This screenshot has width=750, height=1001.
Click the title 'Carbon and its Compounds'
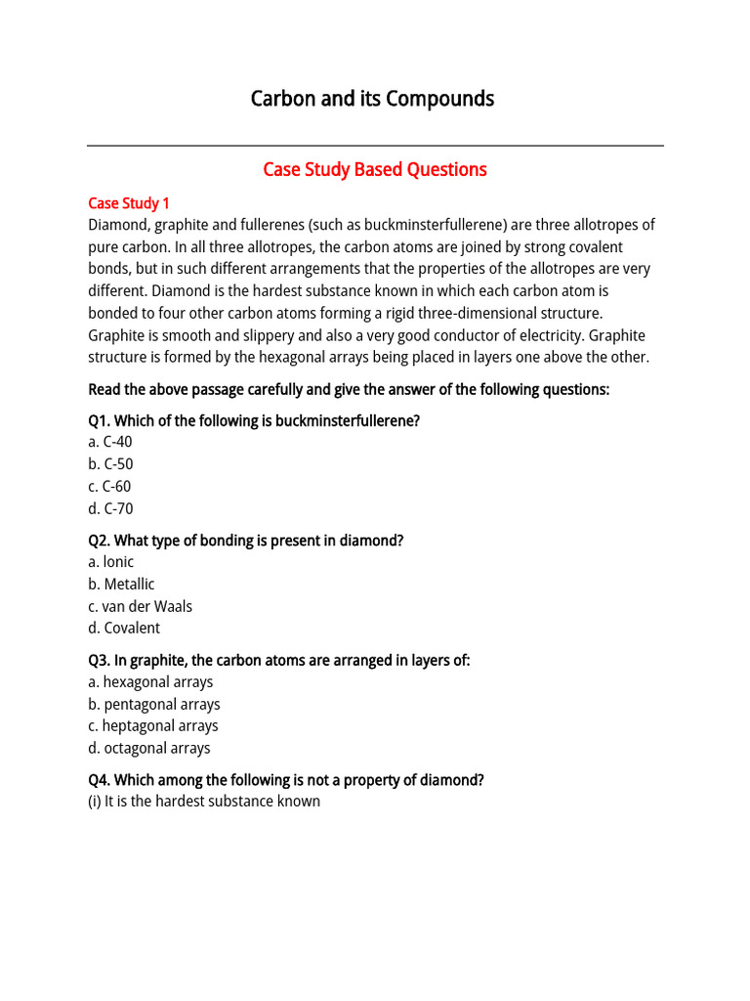pyautogui.click(x=372, y=99)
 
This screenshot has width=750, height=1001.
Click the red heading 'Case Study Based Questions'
pyautogui.click(x=375, y=170)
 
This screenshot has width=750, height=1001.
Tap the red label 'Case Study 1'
pyautogui.click(x=129, y=203)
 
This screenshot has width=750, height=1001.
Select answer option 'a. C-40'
pyautogui.click(x=109, y=442)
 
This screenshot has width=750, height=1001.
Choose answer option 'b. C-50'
pyautogui.click(x=110, y=464)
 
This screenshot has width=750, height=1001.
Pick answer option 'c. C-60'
pyautogui.click(x=109, y=487)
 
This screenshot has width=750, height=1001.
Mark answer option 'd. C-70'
pyautogui.click(x=110, y=508)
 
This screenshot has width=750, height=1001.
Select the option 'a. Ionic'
pyautogui.click(x=110, y=562)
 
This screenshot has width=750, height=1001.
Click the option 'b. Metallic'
pyautogui.click(x=121, y=585)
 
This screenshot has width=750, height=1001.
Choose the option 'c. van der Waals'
pyautogui.click(x=140, y=606)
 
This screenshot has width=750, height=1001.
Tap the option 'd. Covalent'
pyautogui.click(x=124, y=629)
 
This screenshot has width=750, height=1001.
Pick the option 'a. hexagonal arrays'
pyautogui.click(x=150, y=682)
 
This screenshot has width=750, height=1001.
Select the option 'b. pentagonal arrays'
pyautogui.click(x=154, y=705)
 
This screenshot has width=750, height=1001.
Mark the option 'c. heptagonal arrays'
pyautogui.click(x=153, y=726)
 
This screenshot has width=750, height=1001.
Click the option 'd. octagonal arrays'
pyautogui.click(x=149, y=749)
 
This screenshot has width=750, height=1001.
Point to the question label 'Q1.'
pyautogui.click(x=100, y=420)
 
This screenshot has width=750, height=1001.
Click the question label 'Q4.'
pyautogui.click(x=100, y=780)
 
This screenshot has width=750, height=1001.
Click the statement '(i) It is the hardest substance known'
pyautogui.click(x=204, y=802)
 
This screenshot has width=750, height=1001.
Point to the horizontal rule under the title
pyautogui.click(x=375, y=147)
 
